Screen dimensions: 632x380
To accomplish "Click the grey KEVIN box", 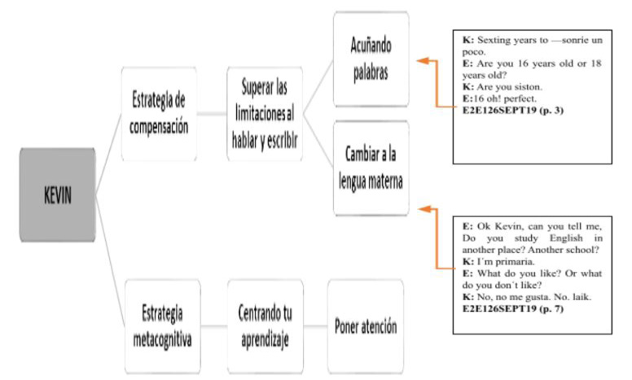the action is click(x=58, y=194).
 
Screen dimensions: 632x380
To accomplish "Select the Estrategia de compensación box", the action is click(x=159, y=114).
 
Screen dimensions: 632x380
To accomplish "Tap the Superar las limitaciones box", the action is click(x=265, y=114).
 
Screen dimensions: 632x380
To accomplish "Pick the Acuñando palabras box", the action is click(x=371, y=59).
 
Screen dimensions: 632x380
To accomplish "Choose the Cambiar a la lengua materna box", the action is click(x=371, y=168).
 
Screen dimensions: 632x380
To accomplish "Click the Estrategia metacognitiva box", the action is click(x=162, y=326).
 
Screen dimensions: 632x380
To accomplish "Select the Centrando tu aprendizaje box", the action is click(x=266, y=326).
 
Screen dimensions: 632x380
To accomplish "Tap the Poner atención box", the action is click(x=366, y=326).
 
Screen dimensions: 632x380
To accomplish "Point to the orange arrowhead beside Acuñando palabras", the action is click(x=423, y=61).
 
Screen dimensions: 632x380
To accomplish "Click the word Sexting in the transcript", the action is click(x=493, y=40).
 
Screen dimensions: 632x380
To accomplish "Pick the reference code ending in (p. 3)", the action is click(x=513, y=111).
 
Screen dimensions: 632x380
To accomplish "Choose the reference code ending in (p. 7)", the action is click(x=513, y=308).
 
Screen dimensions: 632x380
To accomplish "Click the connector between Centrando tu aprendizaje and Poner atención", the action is click(x=316, y=326).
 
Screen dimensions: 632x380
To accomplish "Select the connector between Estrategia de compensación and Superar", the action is click(x=212, y=114).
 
